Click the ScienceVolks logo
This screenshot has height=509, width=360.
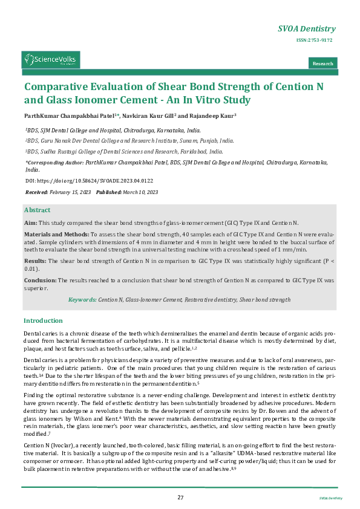(x=51, y=59)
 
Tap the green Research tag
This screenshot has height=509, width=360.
(x=322, y=63)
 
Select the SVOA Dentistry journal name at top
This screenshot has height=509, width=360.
(x=306, y=29)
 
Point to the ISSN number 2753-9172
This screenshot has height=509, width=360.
(x=314, y=40)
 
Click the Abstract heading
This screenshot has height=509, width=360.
(x=37, y=210)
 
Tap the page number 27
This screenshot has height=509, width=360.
(x=180, y=497)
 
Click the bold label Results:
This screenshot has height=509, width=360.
(x=35, y=261)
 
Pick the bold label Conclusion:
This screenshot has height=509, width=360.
(x=40, y=280)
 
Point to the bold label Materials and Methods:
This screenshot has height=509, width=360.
(x=56, y=233)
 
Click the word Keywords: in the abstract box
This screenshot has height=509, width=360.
(x=82, y=299)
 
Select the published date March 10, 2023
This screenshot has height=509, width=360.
(x=140, y=192)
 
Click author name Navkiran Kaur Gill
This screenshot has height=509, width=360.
(x=148, y=115)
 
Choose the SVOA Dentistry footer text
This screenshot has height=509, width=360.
(x=331, y=498)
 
